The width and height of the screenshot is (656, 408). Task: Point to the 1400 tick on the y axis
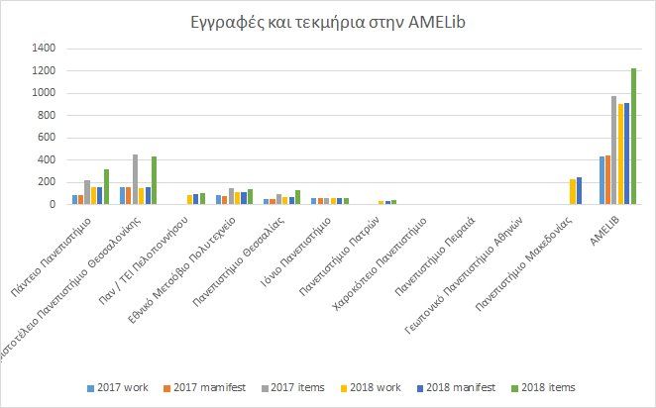pyautogui.click(x=45, y=48)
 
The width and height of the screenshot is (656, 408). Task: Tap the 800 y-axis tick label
pyautogui.click(x=48, y=115)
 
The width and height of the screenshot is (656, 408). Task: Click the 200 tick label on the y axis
pyautogui.click(x=48, y=182)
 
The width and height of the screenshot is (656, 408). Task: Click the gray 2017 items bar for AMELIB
pyautogui.click(x=614, y=151)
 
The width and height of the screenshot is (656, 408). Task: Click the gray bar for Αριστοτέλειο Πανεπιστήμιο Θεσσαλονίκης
pyautogui.click(x=135, y=179)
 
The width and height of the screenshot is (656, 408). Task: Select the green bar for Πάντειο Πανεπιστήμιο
pyautogui.click(x=106, y=187)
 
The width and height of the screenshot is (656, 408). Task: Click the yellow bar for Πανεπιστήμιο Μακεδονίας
pyautogui.click(x=572, y=192)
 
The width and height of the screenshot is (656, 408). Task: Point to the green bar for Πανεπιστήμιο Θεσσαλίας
pyautogui.click(x=296, y=197)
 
